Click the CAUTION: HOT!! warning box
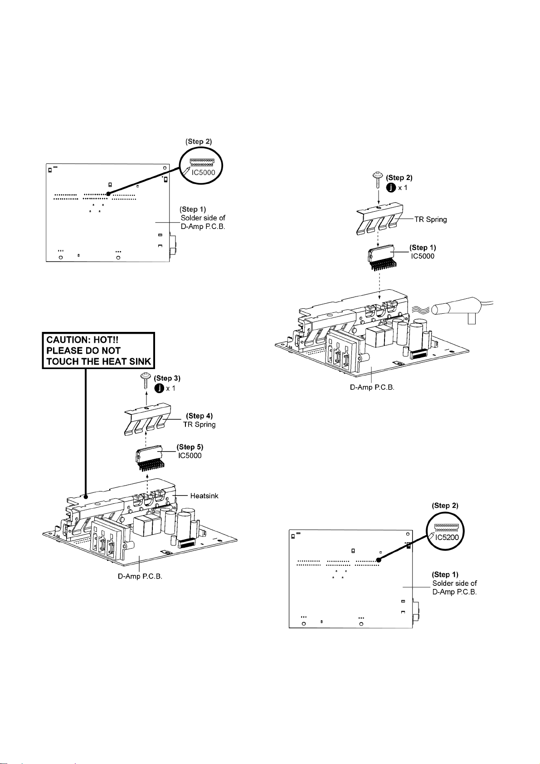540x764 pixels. click(x=99, y=350)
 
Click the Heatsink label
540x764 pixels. click(x=204, y=496)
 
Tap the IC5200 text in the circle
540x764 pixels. click(x=447, y=537)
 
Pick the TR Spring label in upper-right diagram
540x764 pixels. click(x=430, y=219)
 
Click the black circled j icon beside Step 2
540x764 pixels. click(x=391, y=187)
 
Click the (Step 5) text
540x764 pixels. click(x=190, y=447)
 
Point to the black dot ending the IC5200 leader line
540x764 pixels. click(x=379, y=560)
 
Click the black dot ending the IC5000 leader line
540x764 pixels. click(x=108, y=194)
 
